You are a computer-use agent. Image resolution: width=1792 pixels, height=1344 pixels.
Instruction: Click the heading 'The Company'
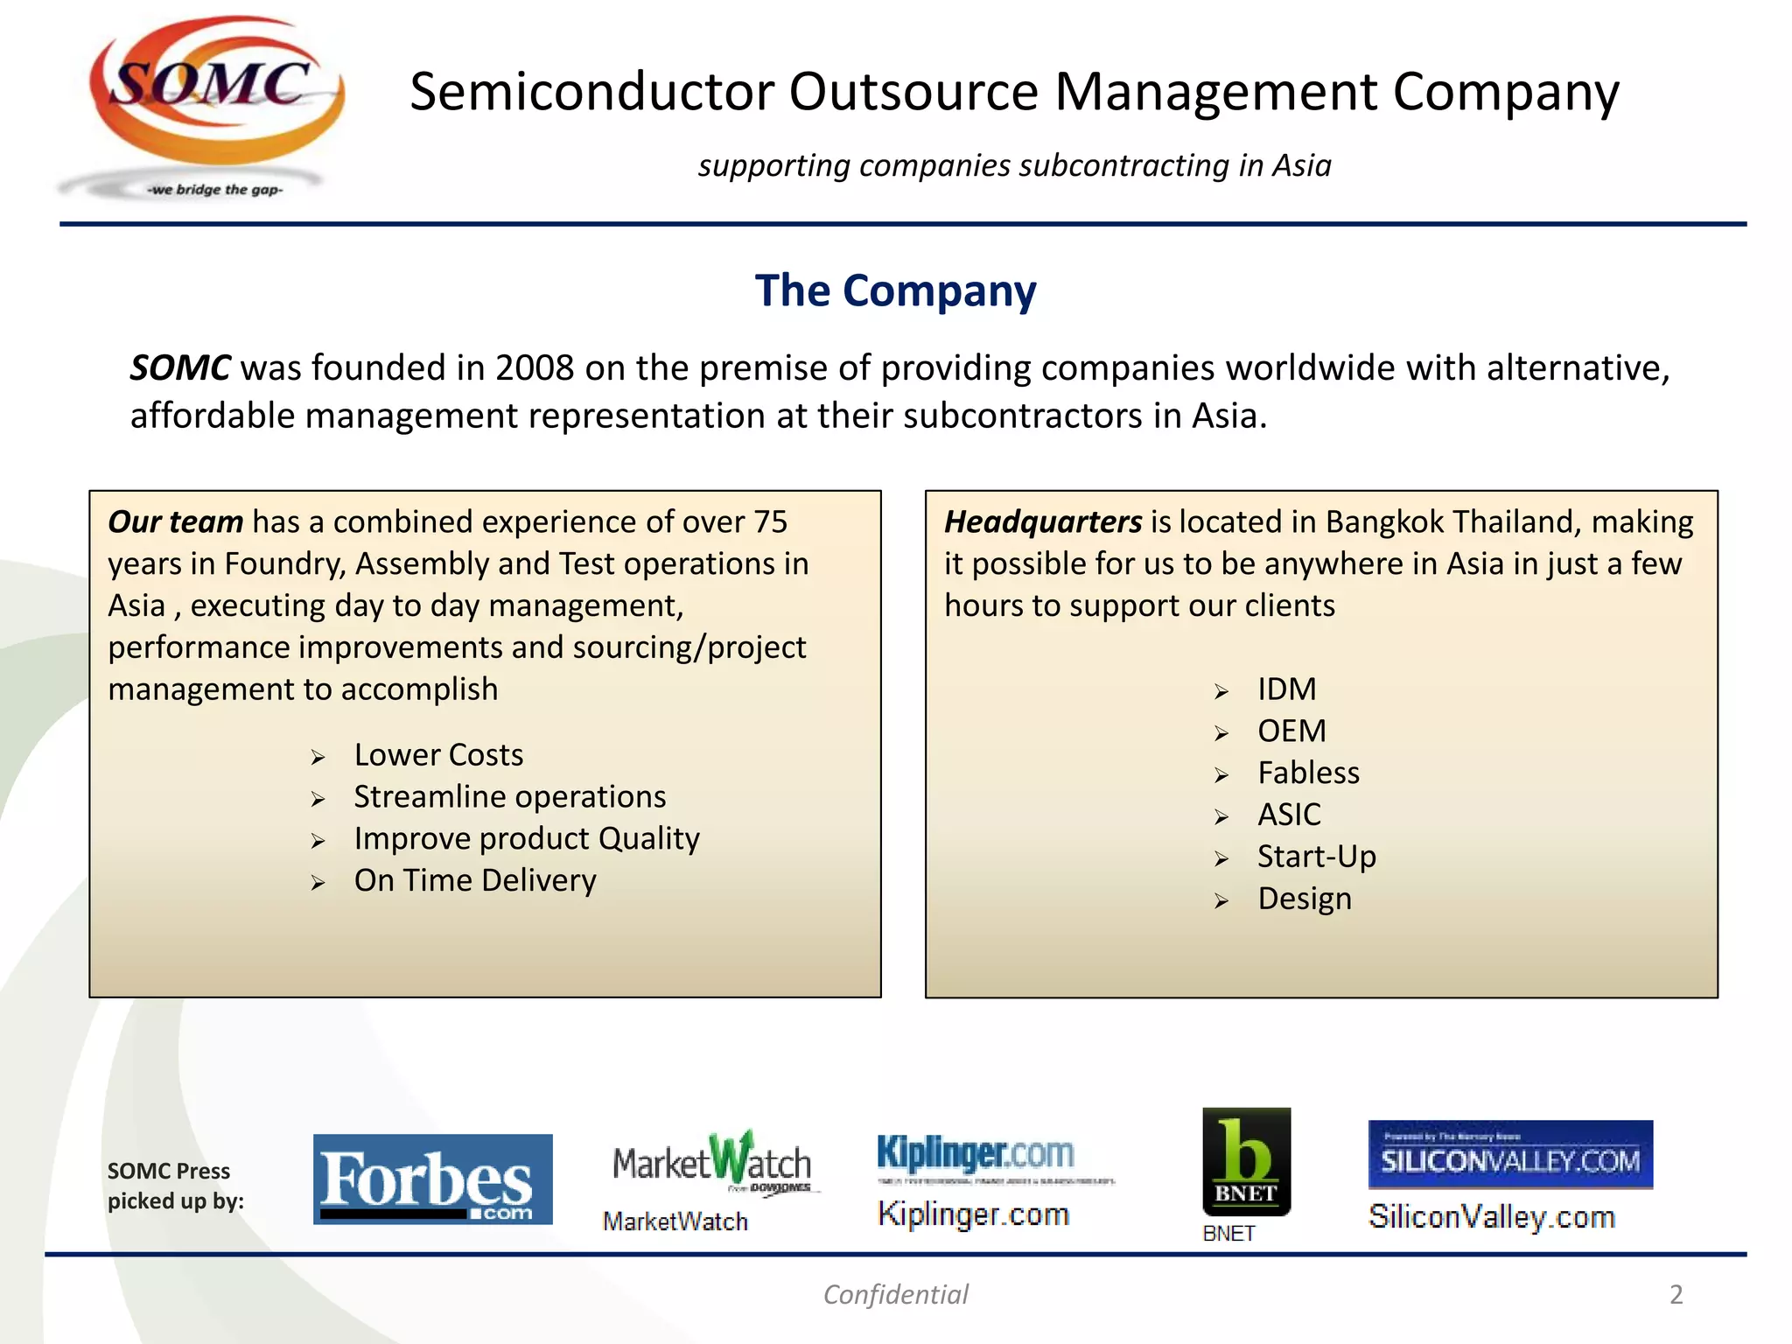895,291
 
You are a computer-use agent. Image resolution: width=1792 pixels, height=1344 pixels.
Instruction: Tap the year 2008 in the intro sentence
534,368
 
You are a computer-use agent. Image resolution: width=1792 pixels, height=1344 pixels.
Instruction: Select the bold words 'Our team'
175,522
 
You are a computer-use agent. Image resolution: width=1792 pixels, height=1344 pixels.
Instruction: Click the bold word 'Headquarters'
1042,522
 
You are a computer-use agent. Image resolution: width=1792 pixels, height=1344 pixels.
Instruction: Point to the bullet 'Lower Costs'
438,755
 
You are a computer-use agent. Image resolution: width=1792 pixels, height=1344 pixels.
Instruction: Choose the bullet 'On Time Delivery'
475,880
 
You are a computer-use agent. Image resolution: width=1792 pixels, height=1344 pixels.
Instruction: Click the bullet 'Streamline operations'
509,797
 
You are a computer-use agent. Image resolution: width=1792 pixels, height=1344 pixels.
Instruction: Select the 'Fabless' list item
1308,773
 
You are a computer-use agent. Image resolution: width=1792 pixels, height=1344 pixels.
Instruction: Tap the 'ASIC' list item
1289,815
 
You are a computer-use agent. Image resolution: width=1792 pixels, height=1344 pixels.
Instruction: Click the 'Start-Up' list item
1316,857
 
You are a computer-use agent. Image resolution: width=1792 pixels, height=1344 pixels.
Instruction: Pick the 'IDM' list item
1286,689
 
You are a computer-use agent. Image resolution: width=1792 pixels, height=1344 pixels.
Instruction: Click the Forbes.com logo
432,1179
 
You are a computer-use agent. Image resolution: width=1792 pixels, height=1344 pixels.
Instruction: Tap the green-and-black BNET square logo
1246,1162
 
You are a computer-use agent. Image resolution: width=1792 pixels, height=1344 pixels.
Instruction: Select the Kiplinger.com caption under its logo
973,1214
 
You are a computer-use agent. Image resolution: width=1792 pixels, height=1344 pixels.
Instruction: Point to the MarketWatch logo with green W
712,1162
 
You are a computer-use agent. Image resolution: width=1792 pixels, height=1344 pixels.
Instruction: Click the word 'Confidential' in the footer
895,1295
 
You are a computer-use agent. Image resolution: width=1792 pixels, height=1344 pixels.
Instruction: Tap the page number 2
1676,1295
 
